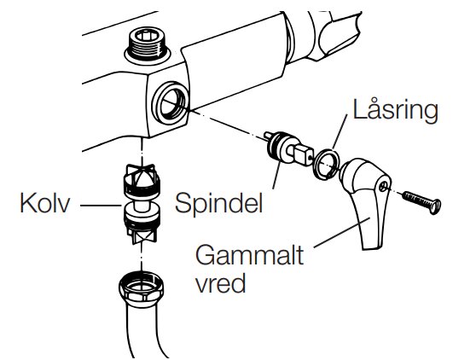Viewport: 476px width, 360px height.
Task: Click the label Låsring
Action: point(396,110)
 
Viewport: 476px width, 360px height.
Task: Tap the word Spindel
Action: point(218,202)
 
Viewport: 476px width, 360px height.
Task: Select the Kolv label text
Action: point(45,203)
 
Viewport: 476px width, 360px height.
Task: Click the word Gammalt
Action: point(250,255)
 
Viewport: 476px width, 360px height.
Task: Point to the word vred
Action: point(220,283)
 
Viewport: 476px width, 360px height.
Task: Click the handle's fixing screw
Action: point(421,201)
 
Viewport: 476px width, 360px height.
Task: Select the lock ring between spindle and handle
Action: point(327,164)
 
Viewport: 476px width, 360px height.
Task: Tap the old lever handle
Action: point(367,200)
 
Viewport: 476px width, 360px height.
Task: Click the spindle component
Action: point(288,148)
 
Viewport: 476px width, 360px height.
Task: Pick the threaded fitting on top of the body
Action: point(148,45)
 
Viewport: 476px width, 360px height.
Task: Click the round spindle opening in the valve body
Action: point(171,102)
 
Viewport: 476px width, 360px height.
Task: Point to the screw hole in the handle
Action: point(384,185)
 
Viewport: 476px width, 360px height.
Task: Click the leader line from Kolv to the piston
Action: point(102,206)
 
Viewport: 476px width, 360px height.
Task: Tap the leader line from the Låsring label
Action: point(340,132)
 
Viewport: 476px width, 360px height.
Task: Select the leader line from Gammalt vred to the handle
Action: point(342,233)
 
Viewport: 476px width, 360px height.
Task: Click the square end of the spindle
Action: point(304,154)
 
